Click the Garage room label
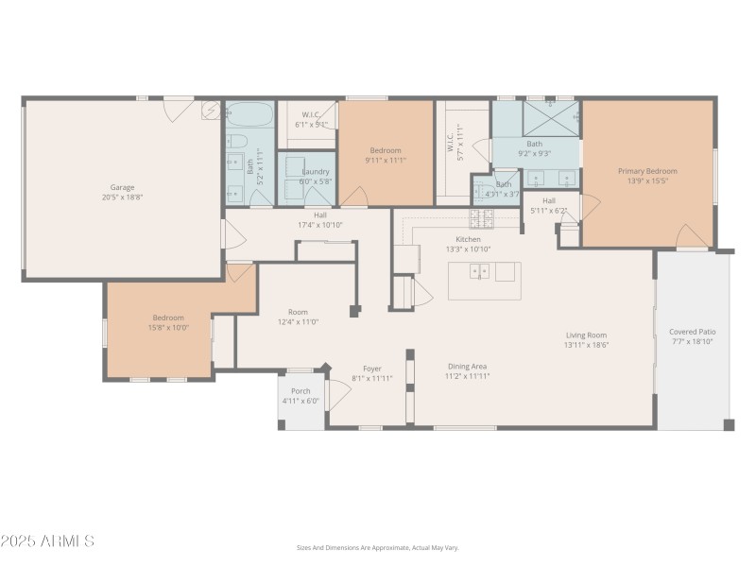pyautogui.click(x=122, y=187)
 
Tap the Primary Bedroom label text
pyautogui.click(x=647, y=171)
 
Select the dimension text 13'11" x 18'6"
pyautogui.click(x=586, y=346)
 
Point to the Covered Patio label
pyautogui.click(x=693, y=332)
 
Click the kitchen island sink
pyautogui.click(x=480, y=272)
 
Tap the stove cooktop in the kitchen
pyautogui.click(x=482, y=218)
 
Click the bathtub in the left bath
pyautogui.click(x=250, y=117)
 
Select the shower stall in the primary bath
pyautogui.click(x=550, y=118)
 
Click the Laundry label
pyautogui.click(x=316, y=171)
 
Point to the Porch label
pyautogui.click(x=301, y=390)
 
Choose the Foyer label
pyautogui.click(x=372, y=369)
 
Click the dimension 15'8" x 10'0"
pyautogui.click(x=168, y=328)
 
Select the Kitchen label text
pyautogui.click(x=469, y=239)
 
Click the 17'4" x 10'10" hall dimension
pyautogui.click(x=320, y=225)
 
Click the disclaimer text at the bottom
pyautogui.click(x=378, y=547)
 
